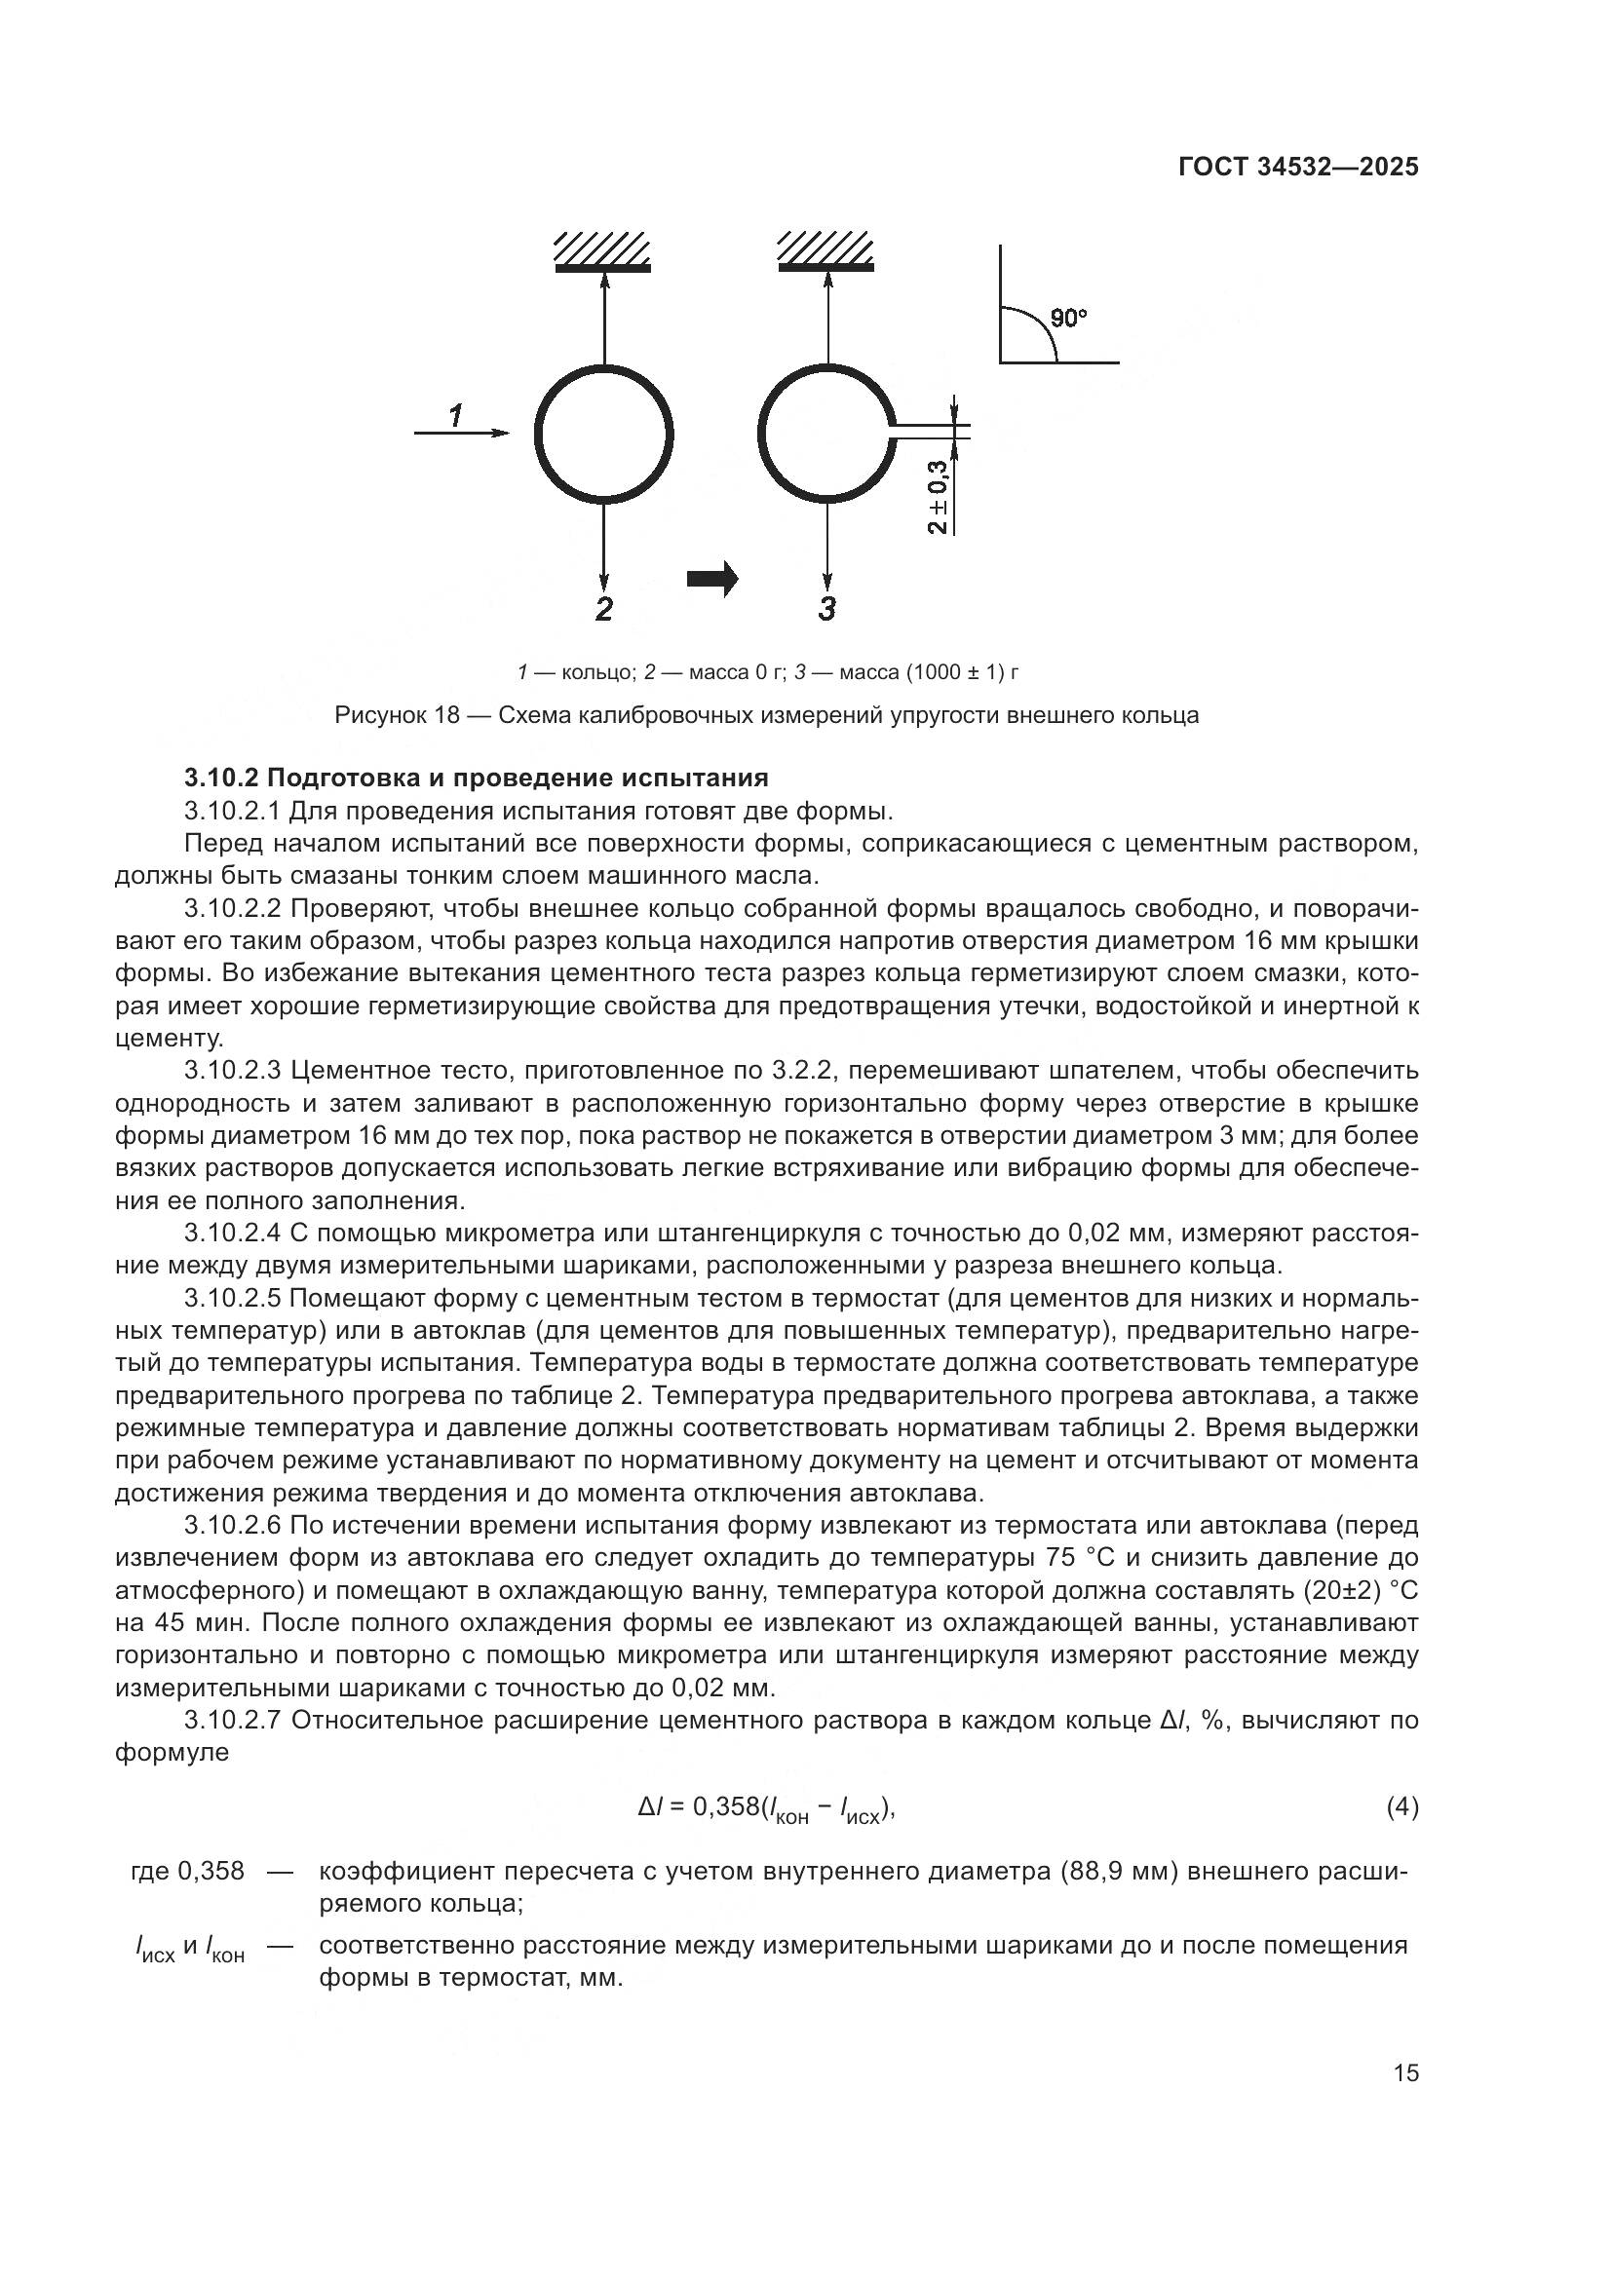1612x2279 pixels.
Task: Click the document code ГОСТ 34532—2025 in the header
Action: [1298, 167]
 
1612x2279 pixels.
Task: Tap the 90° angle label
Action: [1069, 319]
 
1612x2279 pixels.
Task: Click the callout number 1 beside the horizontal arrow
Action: [455, 415]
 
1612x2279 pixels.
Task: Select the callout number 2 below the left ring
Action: [603, 608]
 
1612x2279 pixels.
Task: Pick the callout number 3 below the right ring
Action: [826, 608]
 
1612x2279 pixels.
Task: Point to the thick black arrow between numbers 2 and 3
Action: [712, 578]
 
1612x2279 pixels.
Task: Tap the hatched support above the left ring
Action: [602, 251]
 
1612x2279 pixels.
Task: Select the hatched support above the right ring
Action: [825, 251]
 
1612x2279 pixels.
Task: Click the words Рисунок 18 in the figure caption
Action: [396, 716]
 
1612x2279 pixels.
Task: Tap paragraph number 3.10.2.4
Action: [234, 1234]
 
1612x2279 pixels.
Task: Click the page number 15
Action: [1405, 2072]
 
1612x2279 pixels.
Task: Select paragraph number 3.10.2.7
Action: [234, 1720]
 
